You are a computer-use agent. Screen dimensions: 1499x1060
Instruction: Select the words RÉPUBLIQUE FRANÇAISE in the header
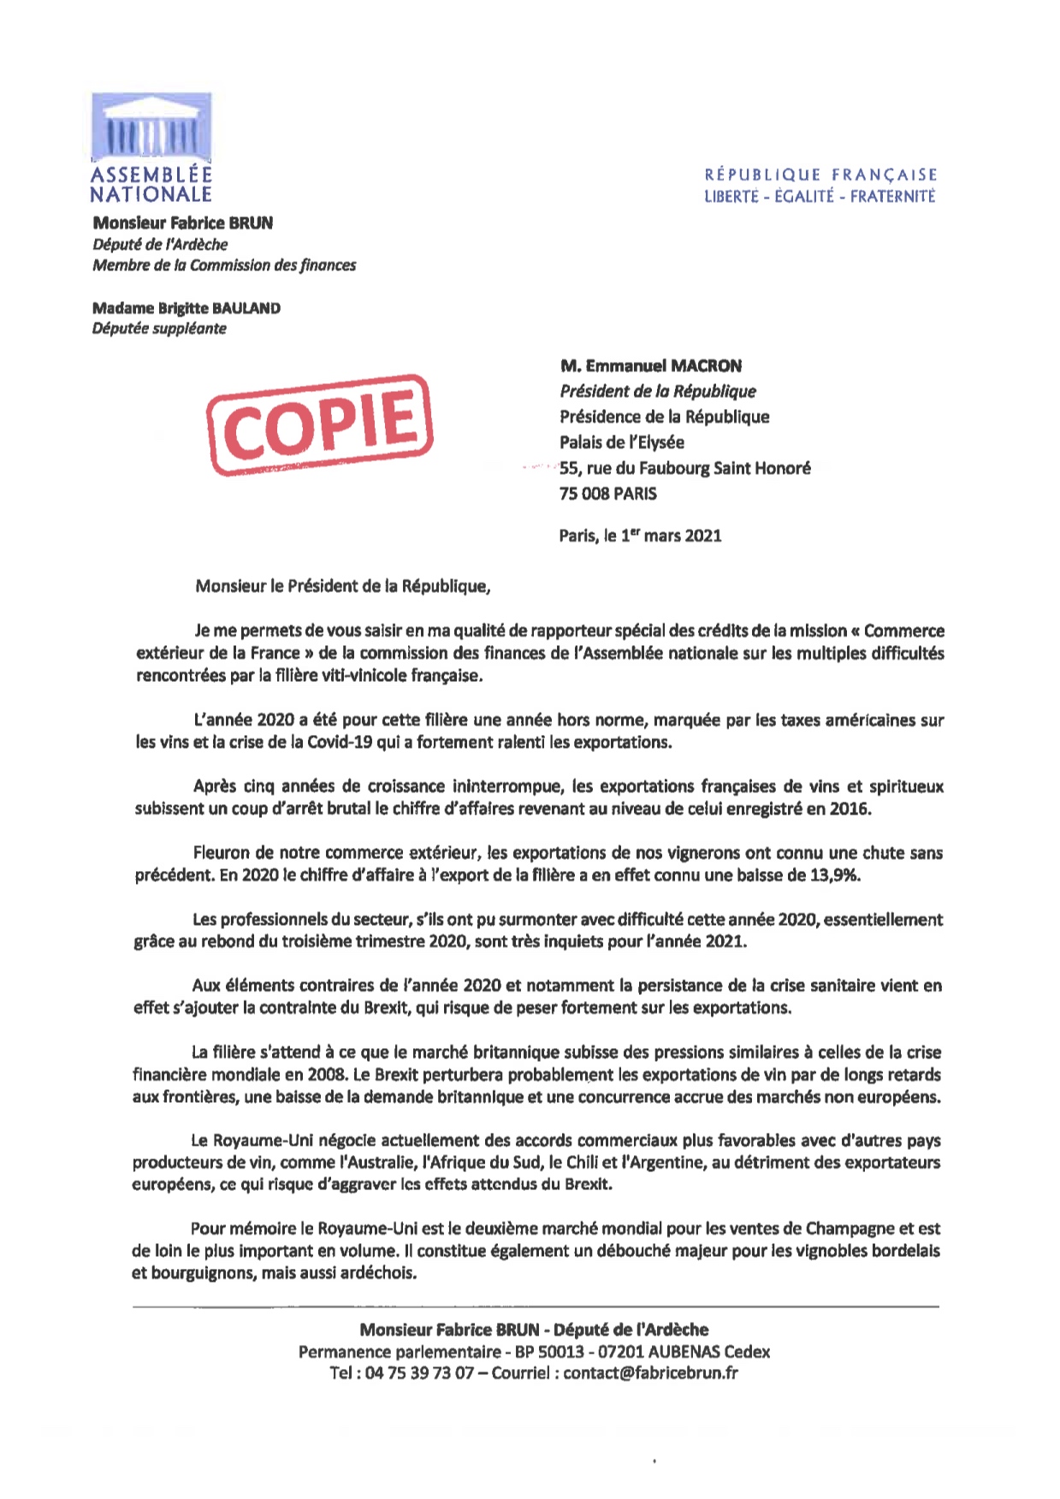[x=820, y=175]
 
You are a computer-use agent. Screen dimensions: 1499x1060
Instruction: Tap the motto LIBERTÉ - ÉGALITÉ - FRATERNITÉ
[x=820, y=197]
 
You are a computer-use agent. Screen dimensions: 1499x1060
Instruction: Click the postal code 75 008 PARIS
[x=608, y=494]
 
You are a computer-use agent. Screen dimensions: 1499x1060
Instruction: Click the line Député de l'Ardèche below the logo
[x=160, y=244]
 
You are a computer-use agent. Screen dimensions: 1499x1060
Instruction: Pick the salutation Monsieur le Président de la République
[x=343, y=586]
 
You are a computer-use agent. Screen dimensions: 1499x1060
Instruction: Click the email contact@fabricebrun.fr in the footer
[x=650, y=1373]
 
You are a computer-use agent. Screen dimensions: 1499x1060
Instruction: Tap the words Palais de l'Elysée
[x=622, y=442]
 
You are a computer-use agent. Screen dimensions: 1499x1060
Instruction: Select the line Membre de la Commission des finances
[x=224, y=265]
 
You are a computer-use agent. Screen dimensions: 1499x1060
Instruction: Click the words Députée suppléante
[x=159, y=329]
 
